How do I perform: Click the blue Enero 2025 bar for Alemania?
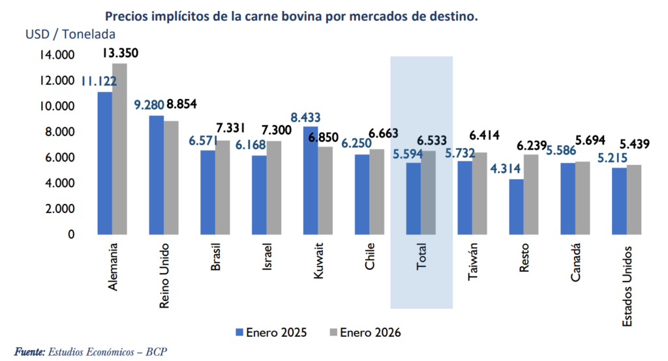coord(104,163)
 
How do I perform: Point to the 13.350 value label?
coord(120,53)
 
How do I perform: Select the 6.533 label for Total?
coord(433,140)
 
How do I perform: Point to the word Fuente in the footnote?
coord(28,352)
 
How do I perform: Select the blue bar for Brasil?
coord(207,192)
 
